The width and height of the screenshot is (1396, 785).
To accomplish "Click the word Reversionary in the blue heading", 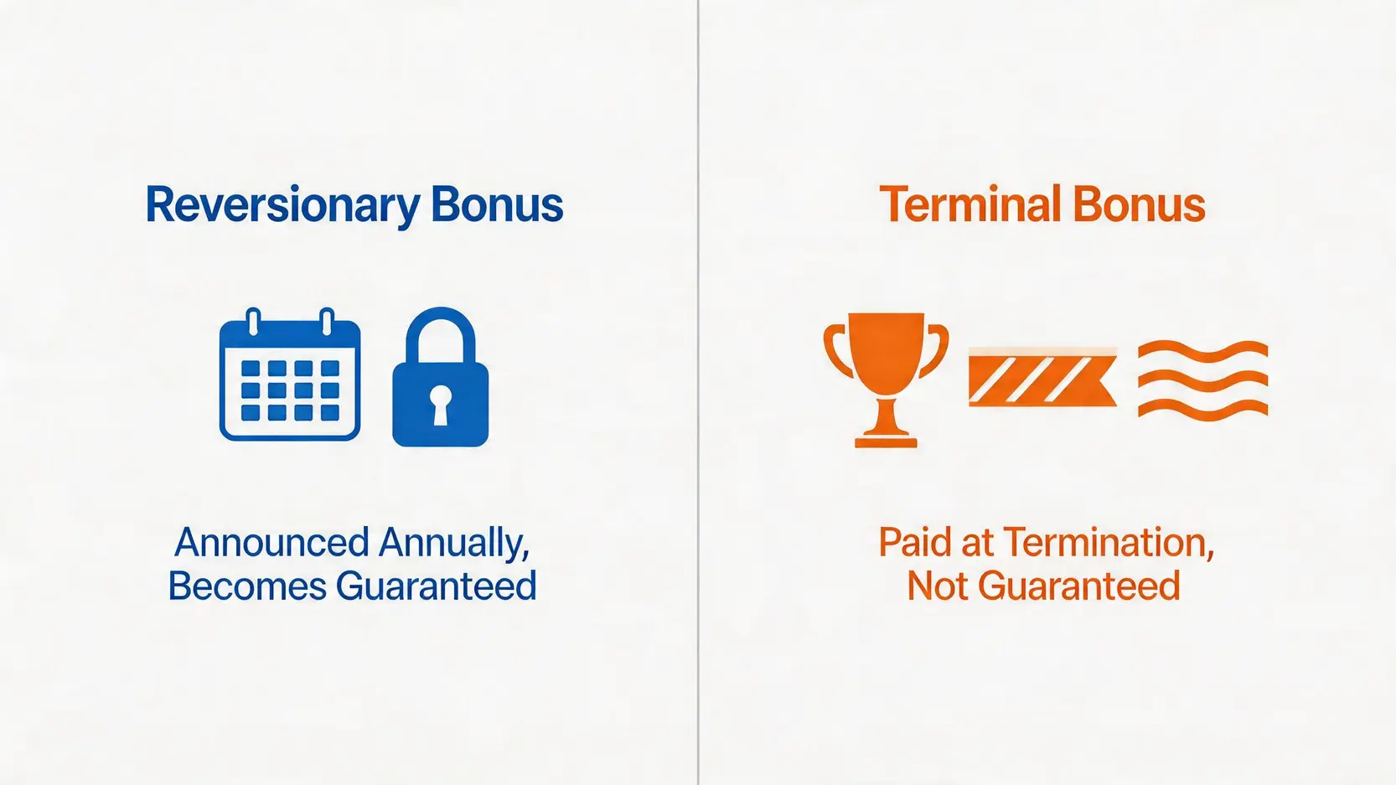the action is coord(283,205).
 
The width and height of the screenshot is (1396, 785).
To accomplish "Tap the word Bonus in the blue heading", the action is coord(498,204).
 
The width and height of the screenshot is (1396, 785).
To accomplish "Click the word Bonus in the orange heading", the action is coord(1140,204).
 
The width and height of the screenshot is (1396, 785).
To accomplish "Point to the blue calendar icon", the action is coord(290,374).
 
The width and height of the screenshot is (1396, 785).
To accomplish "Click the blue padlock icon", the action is coord(440,376).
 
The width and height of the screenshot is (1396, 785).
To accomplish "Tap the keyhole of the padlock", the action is coord(440,405).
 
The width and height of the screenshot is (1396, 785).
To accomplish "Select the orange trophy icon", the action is coord(886,380).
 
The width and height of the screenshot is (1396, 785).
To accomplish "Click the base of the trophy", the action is coord(886,442).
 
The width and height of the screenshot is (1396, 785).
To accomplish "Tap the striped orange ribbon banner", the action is coord(1042,378).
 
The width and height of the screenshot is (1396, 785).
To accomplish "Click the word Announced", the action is coord(271,543).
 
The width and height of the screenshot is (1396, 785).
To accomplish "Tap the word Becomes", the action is coord(247,586).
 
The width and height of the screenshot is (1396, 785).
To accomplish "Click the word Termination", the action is coord(1108,544).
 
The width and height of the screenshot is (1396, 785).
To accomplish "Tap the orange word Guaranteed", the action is coord(1078,586).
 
